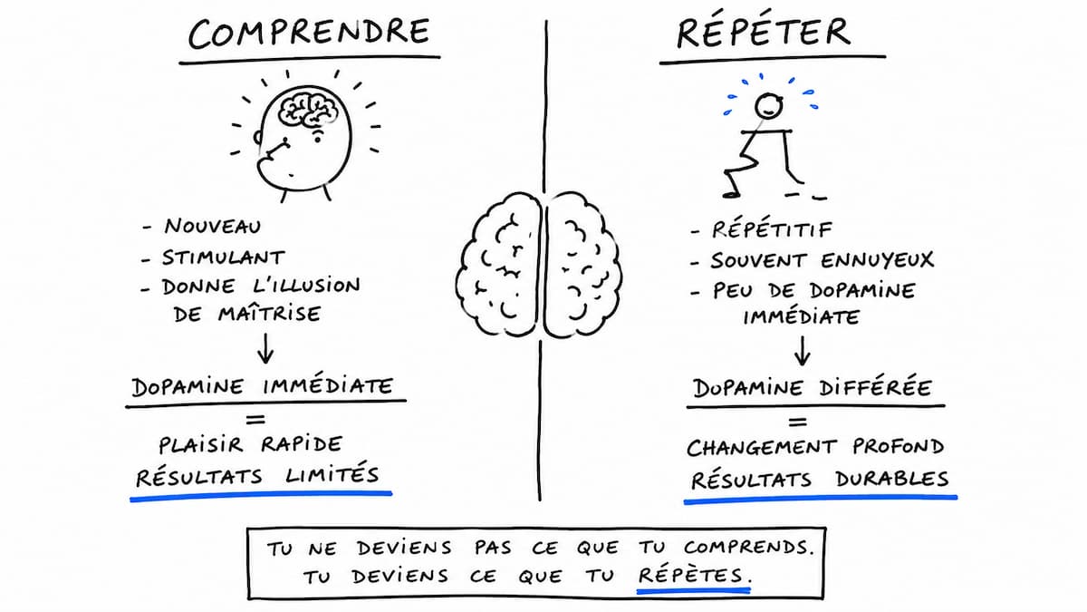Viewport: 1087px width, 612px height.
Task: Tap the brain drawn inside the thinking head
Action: coord(308,109)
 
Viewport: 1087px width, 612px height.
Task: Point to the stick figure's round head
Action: coord(769,106)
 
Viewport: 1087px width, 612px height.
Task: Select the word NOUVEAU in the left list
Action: coord(213,227)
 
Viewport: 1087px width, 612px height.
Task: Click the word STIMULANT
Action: coord(223,257)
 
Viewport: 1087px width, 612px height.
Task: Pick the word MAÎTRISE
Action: coord(269,313)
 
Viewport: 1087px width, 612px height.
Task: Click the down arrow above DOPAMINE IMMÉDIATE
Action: coord(265,348)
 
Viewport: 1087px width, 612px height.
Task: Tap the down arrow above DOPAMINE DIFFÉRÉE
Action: coord(803,351)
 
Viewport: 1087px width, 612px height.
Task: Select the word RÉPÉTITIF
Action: coord(772,229)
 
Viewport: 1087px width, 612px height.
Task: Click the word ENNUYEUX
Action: coord(878,261)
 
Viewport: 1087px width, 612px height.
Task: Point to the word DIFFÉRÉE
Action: coord(875,387)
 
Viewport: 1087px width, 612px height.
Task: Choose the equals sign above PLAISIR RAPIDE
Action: coord(255,419)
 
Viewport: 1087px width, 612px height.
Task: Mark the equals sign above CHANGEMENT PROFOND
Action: coord(798,423)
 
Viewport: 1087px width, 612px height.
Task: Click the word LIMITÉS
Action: coord(332,474)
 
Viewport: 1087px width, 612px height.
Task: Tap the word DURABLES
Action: coord(892,479)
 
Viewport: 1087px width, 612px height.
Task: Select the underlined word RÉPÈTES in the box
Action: coord(690,575)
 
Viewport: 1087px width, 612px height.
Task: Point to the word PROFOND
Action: coord(899,447)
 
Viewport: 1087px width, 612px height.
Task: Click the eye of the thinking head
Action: coord(317,140)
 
